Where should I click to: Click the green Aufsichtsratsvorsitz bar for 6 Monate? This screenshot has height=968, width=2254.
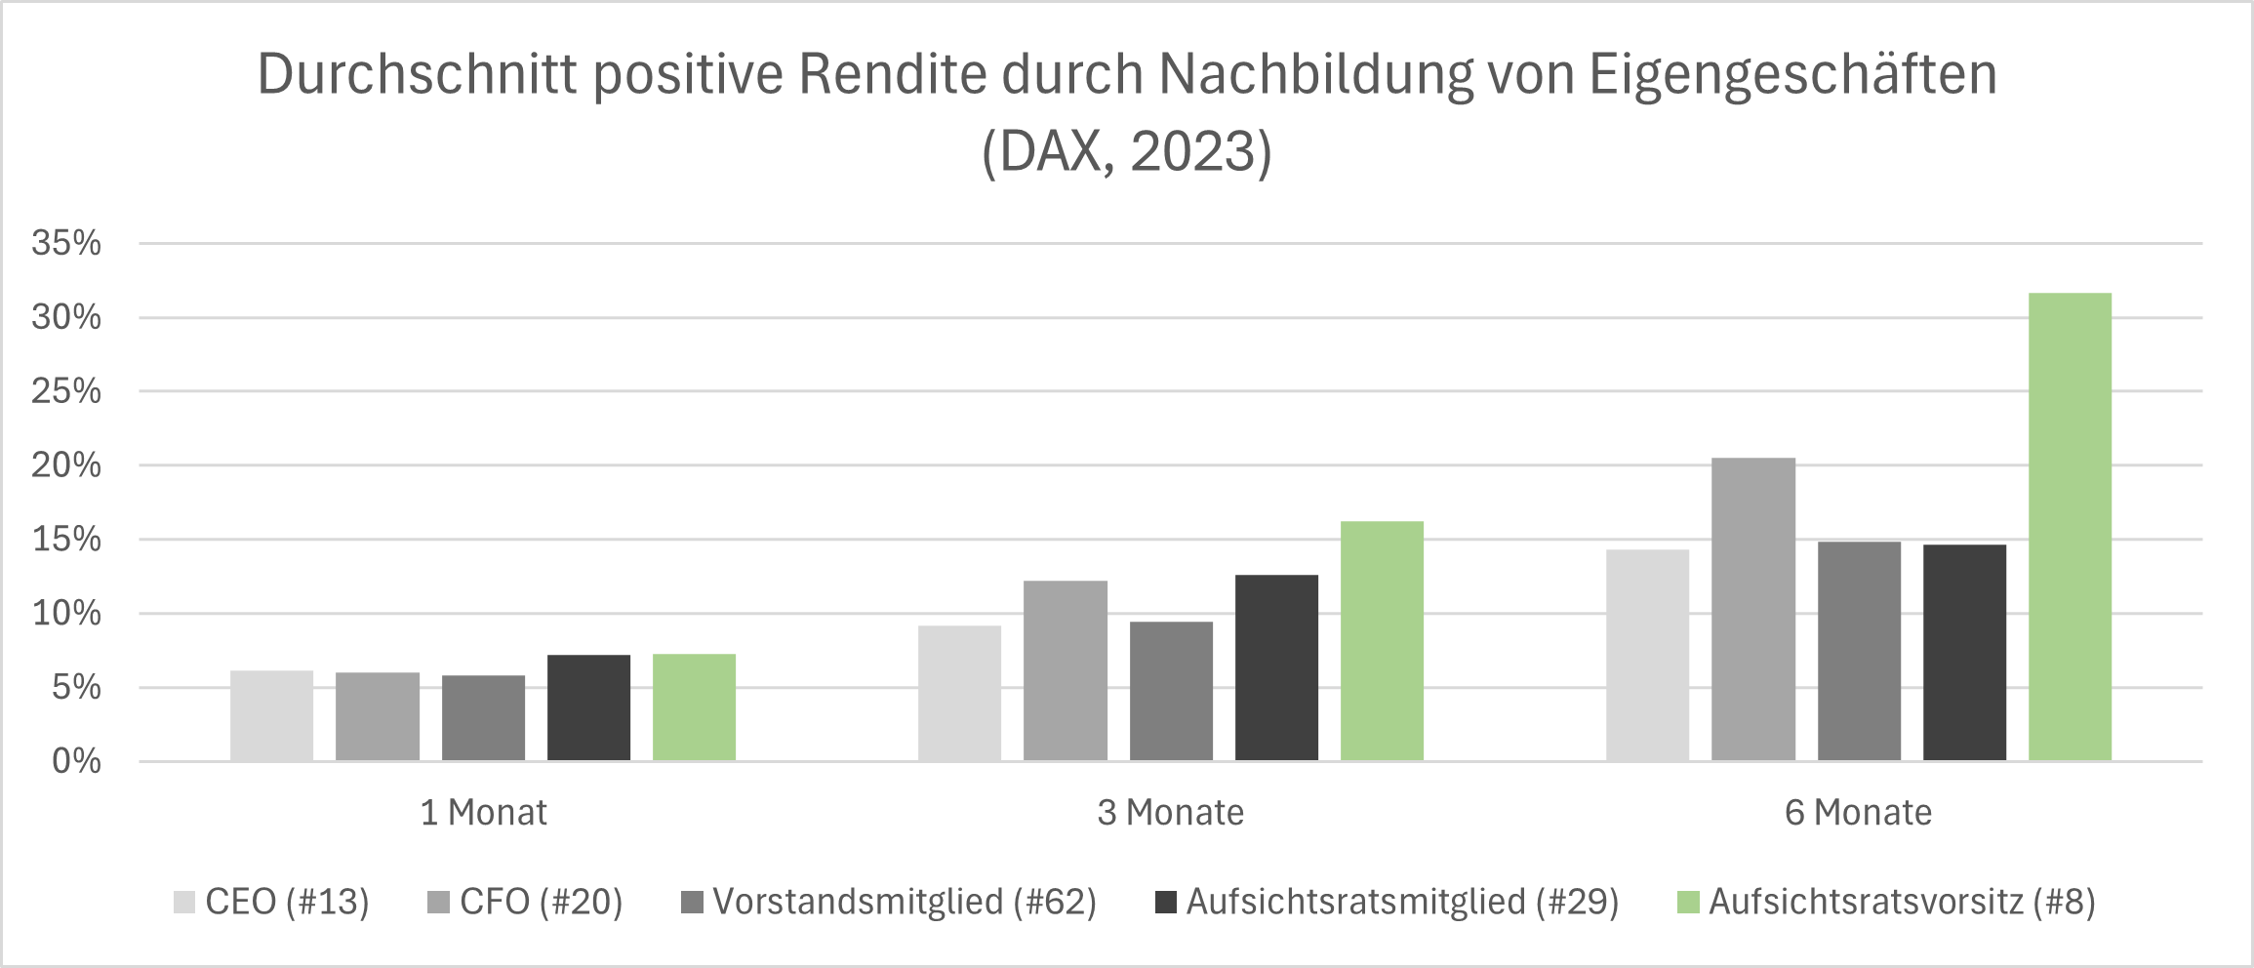2070,527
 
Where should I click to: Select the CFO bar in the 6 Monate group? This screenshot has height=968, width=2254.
1752,610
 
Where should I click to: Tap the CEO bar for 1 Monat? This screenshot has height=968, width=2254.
271,715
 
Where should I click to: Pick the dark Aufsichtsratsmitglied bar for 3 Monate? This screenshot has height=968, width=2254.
1276,667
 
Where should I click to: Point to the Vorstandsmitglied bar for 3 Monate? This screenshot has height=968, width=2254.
1171,691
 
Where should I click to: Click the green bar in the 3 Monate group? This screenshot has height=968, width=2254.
1382,641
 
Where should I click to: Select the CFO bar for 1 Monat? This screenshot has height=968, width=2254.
378,716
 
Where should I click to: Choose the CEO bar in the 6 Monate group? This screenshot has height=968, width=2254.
1647,655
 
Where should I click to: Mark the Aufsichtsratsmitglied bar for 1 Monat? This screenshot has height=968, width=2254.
588,707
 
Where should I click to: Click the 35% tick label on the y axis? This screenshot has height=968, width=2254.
66,243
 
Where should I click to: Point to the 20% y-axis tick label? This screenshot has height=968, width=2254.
66,465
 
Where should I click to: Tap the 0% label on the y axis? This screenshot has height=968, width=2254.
76,761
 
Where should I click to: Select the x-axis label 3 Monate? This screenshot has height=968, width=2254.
1170,813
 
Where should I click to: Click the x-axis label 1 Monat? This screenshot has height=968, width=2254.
483,813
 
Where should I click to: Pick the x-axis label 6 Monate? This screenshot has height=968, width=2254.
1858,813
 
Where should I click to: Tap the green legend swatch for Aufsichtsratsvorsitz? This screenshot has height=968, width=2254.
1688,902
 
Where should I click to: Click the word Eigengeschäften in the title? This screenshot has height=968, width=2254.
1793,74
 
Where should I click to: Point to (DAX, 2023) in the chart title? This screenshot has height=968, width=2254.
1127,152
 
